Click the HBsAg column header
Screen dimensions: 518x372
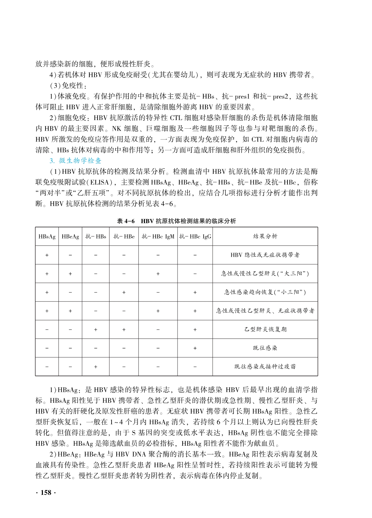47,237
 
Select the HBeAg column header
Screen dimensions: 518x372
70,237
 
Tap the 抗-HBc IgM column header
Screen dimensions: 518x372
158,237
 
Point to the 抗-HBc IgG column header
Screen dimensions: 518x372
195,237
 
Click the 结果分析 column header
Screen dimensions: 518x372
265,236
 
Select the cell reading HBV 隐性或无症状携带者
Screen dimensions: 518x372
265,255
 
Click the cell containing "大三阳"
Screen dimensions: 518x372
265,274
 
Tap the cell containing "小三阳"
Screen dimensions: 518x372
265,292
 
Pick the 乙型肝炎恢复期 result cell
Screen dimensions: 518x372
265,329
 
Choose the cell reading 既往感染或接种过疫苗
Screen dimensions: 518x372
265,367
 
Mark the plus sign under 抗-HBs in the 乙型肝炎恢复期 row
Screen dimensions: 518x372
96,329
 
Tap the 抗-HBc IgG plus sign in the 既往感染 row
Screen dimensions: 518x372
195,348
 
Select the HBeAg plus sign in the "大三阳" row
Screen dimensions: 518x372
70,274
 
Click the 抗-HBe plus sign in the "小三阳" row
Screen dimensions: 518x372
124,292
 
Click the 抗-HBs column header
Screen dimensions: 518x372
96,237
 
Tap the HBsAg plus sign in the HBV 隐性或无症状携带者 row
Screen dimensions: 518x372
47,255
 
